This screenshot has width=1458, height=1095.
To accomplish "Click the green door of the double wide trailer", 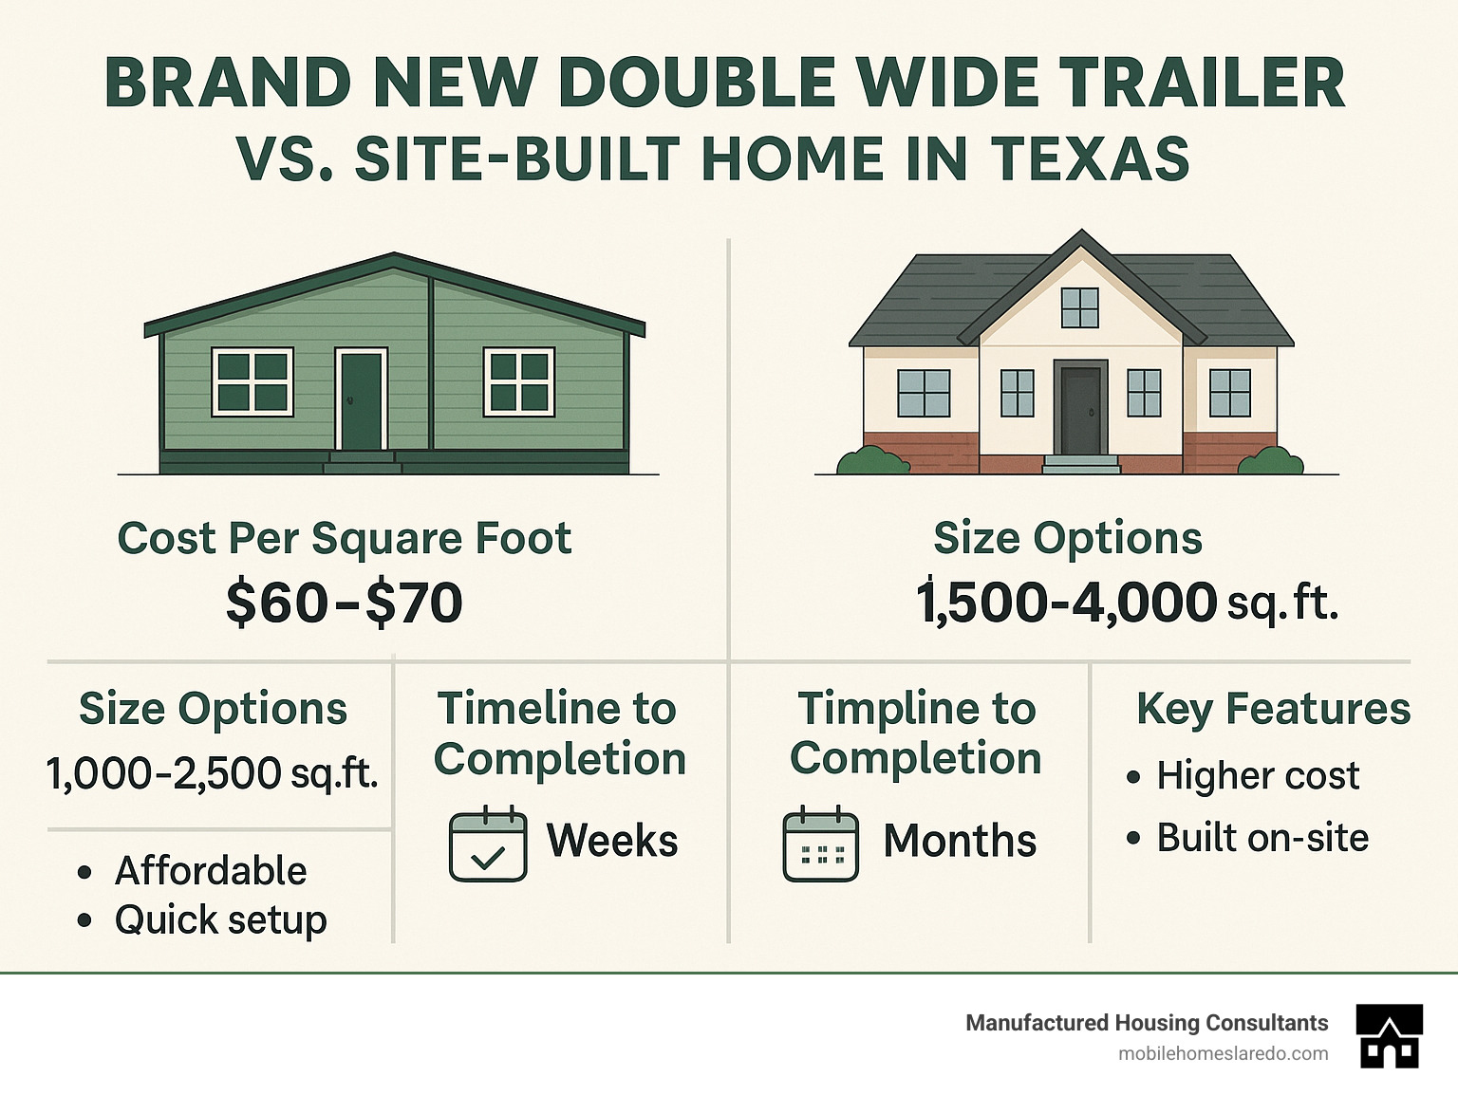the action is tap(362, 400).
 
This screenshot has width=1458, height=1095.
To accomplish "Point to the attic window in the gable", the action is tap(1080, 307).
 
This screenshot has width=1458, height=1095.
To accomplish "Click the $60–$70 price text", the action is tap(344, 603).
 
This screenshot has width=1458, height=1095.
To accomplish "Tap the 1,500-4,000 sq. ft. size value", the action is tap(1127, 601).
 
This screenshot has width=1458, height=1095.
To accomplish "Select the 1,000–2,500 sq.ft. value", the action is tap(213, 773).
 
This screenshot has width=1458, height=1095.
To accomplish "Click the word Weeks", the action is tap(611, 840).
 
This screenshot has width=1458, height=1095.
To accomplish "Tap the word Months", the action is tap(960, 840).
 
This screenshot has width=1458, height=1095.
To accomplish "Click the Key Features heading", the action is tap(1273, 709).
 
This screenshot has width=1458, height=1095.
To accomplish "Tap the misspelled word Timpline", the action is tap(917, 709).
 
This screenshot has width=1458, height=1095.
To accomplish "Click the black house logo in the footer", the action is tap(1389, 1036).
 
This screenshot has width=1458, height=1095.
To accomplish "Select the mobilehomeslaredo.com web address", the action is tap(1224, 1054).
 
